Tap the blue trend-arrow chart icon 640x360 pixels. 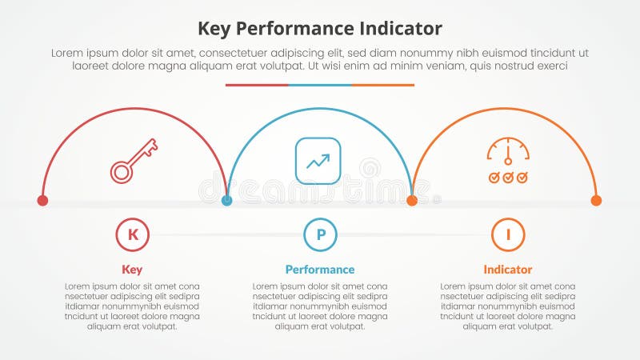pos(318,161)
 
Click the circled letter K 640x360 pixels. pos(133,234)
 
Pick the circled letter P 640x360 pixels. pos(320,234)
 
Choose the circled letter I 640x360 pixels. pos(507,234)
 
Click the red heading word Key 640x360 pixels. pos(132,270)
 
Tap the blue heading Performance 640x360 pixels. pos(320,270)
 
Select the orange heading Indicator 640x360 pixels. pos(507,270)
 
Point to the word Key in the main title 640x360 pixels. pos(216,29)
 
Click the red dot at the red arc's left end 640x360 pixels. pos(43,200)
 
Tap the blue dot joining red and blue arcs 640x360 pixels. pos(227,200)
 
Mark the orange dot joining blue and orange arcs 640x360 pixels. pos(412,200)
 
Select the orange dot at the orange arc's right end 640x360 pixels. pos(596,200)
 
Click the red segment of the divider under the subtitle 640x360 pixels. pos(257,85)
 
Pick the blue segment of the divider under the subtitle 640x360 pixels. pos(320,85)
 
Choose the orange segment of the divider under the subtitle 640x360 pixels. pos(382,85)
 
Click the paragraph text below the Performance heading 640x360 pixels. pos(320,306)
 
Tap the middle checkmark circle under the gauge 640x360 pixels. pos(508,176)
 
